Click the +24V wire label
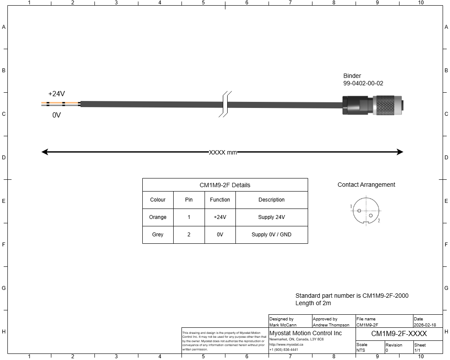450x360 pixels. pyautogui.click(x=57, y=94)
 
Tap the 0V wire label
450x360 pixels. pyautogui.click(x=57, y=115)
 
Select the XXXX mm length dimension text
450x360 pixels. pyautogui.click(x=223, y=152)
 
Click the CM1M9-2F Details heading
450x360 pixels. pyautogui.click(x=225, y=185)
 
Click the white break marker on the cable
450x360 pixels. pyautogui.click(x=225, y=104)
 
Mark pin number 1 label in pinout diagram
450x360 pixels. pyautogui.click(x=351, y=206)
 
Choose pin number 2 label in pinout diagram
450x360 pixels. pyautogui.click(x=379, y=221)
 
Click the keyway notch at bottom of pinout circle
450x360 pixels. pyautogui.click(x=366, y=224)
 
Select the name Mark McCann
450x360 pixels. pyautogui.click(x=283, y=325)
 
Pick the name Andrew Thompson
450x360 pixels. pyautogui.click(x=331, y=325)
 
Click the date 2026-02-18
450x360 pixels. pyautogui.click(x=425, y=325)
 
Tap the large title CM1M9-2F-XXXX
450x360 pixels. pyautogui.click(x=399, y=334)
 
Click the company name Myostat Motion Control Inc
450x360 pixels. pyautogui.click(x=306, y=333)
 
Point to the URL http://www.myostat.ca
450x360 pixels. pyautogui.click(x=286, y=344)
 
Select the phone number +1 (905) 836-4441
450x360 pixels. pyautogui.click(x=284, y=350)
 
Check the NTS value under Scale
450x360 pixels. pyautogui.click(x=361, y=350)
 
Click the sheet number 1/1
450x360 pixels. pyautogui.click(x=417, y=350)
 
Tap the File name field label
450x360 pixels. pyautogui.click(x=366, y=319)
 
